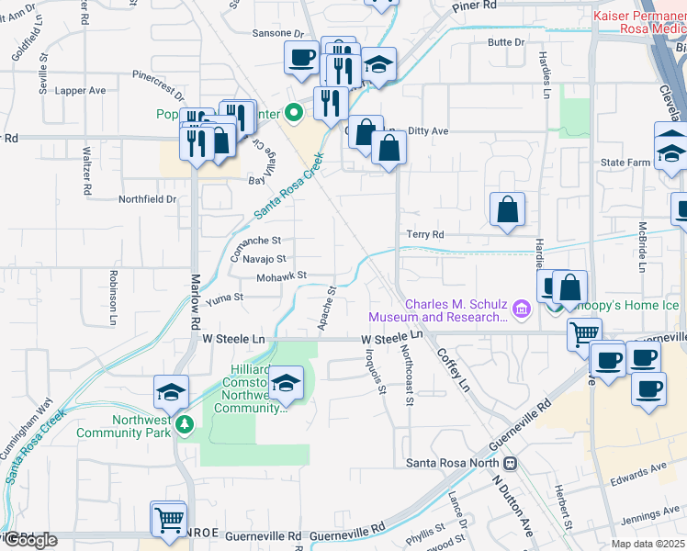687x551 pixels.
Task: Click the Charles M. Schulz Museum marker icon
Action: click(x=522, y=309)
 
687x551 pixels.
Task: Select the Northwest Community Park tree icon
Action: click(x=185, y=424)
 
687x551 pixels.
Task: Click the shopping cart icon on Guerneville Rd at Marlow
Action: click(x=170, y=519)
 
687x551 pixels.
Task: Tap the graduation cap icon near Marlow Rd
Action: click(x=172, y=392)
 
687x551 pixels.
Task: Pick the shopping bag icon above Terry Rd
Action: click(x=507, y=209)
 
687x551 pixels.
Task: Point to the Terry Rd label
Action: click(x=424, y=235)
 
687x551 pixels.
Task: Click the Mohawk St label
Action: click(x=281, y=275)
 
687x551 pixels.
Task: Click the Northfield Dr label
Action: click(x=147, y=198)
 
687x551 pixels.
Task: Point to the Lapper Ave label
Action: click(x=81, y=91)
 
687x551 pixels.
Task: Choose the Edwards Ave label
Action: click(x=646, y=469)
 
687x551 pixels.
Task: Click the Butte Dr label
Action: click(x=506, y=42)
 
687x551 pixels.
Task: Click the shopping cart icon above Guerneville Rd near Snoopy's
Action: click(x=584, y=334)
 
